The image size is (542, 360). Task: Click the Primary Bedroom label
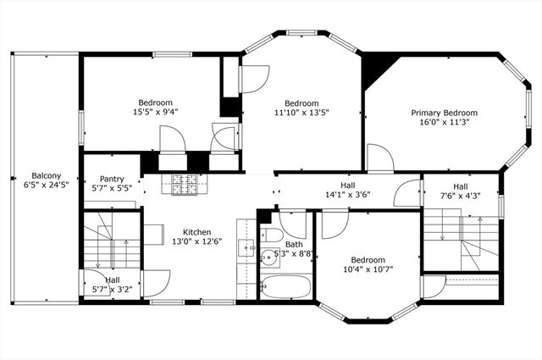tap(444, 113)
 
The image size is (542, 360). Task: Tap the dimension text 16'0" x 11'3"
tap(444, 122)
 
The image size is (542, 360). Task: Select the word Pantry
tap(112, 179)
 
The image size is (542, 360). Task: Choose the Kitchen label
tap(197, 231)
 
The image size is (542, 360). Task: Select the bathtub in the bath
tap(285, 286)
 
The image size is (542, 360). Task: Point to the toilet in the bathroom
tap(270, 236)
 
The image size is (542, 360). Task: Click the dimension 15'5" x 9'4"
tap(155, 111)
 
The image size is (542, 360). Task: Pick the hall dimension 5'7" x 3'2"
tap(112, 289)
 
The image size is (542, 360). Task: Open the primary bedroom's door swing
tap(379, 158)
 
